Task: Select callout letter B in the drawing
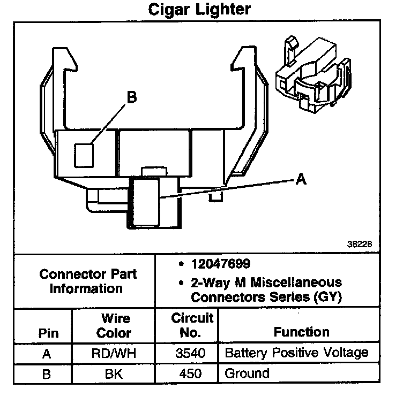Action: coord(131,97)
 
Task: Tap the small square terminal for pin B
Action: coord(84,155)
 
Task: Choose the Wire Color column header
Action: coord(114,326)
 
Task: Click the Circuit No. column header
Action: coord(192,325)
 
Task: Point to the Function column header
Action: coord(302,332)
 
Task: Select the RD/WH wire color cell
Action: coord(114,353)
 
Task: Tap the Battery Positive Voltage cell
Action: coord(296,353)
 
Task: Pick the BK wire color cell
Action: coord(114,373)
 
